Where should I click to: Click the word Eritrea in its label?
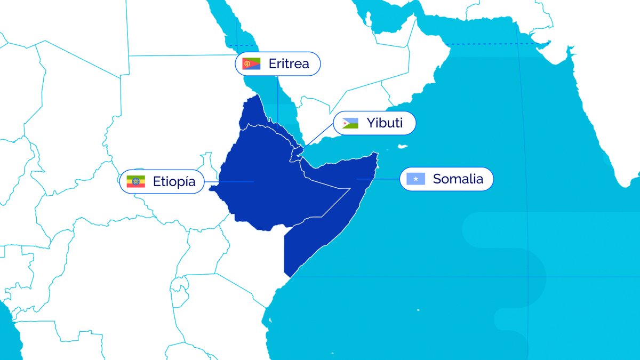(x=289, y=64)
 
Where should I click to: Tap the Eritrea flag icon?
(x=251, y=64)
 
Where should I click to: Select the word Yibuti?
(x=384, y=123)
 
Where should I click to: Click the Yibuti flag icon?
(x=350, y=123)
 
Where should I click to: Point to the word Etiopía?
(x=174, y=181)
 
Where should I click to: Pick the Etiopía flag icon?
(x=136, y=181)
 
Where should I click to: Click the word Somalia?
(x=458, y=179)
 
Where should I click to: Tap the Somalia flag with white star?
(x=415, y=179)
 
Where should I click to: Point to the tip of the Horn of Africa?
(x=377, y=154)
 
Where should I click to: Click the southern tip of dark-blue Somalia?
(x=288, y=275)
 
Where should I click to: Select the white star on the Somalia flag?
(x=415, y=179)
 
